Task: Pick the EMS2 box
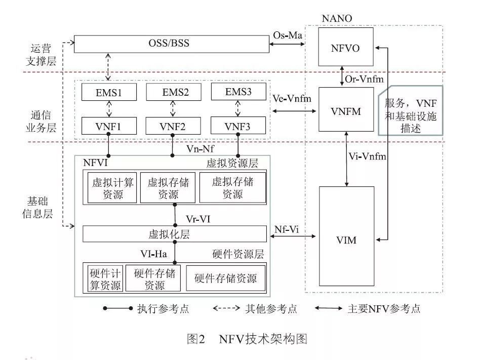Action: (x=173, y=92)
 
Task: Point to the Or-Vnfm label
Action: (x=361, y=79)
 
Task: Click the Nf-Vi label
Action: (x=286, y=229)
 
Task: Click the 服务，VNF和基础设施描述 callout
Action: (x=410, y=110)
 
